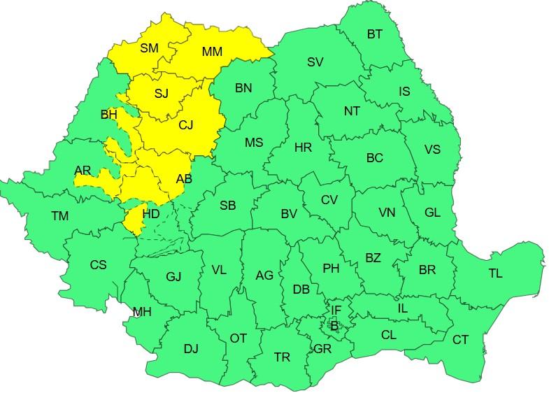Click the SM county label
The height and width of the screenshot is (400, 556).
tap(149, 48)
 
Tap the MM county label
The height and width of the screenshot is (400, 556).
tap(212, 52)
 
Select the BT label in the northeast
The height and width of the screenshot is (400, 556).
tap(374, 34)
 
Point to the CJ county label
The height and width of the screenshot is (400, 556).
tap(185, 125)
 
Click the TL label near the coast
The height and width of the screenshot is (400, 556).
tap(495, 273)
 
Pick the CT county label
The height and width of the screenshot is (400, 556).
tap(460, 340)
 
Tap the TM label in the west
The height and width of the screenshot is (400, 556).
tap(60, 216)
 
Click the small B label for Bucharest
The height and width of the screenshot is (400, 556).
tap(334, 325)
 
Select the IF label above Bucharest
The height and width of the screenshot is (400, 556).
tap(336, 310)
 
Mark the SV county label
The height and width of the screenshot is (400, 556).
tap(315, 62)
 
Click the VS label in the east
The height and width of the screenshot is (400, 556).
tap(432, 150)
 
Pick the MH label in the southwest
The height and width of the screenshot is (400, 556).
tap(142, 312)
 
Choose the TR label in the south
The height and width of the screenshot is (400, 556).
tap(282, 357)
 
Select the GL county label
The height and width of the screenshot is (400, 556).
tap(432, 213)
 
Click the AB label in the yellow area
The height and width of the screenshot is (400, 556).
tap(184, 179)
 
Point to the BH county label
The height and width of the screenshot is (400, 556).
tap(108, 115)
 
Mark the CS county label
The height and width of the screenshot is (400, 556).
tap(99, 265)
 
